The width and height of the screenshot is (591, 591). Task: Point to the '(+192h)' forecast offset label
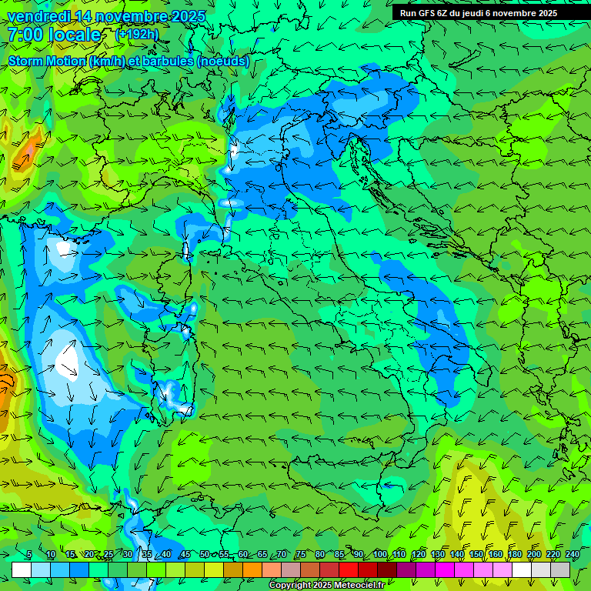pyautogui.click(x=137, y=35)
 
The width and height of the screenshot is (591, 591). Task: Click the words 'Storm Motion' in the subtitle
pyautogui.click(x=48, y=62)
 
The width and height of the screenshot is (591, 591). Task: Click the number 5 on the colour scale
pyautogui.click(x=29, y=555)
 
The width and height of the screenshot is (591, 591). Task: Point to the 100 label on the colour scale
pyautogui.click(x=379, y=555)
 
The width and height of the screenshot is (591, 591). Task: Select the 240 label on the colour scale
pyautogui.click(x=572, y=555)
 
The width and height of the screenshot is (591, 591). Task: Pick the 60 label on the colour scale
pyautogui.click(x=243, y=555)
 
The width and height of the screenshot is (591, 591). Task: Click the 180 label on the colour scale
pyautogui.click(x=514, y=555)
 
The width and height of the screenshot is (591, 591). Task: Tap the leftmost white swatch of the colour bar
pyautogui.click(x=22, y=569)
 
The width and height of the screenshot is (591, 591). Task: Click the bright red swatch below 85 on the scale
pyautogui.click(x=349, y=569)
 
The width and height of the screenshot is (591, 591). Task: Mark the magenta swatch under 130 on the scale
pyautogui.click(x=445, y=569)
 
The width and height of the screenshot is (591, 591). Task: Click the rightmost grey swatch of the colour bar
pyautogui.click(x=560, y=569)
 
